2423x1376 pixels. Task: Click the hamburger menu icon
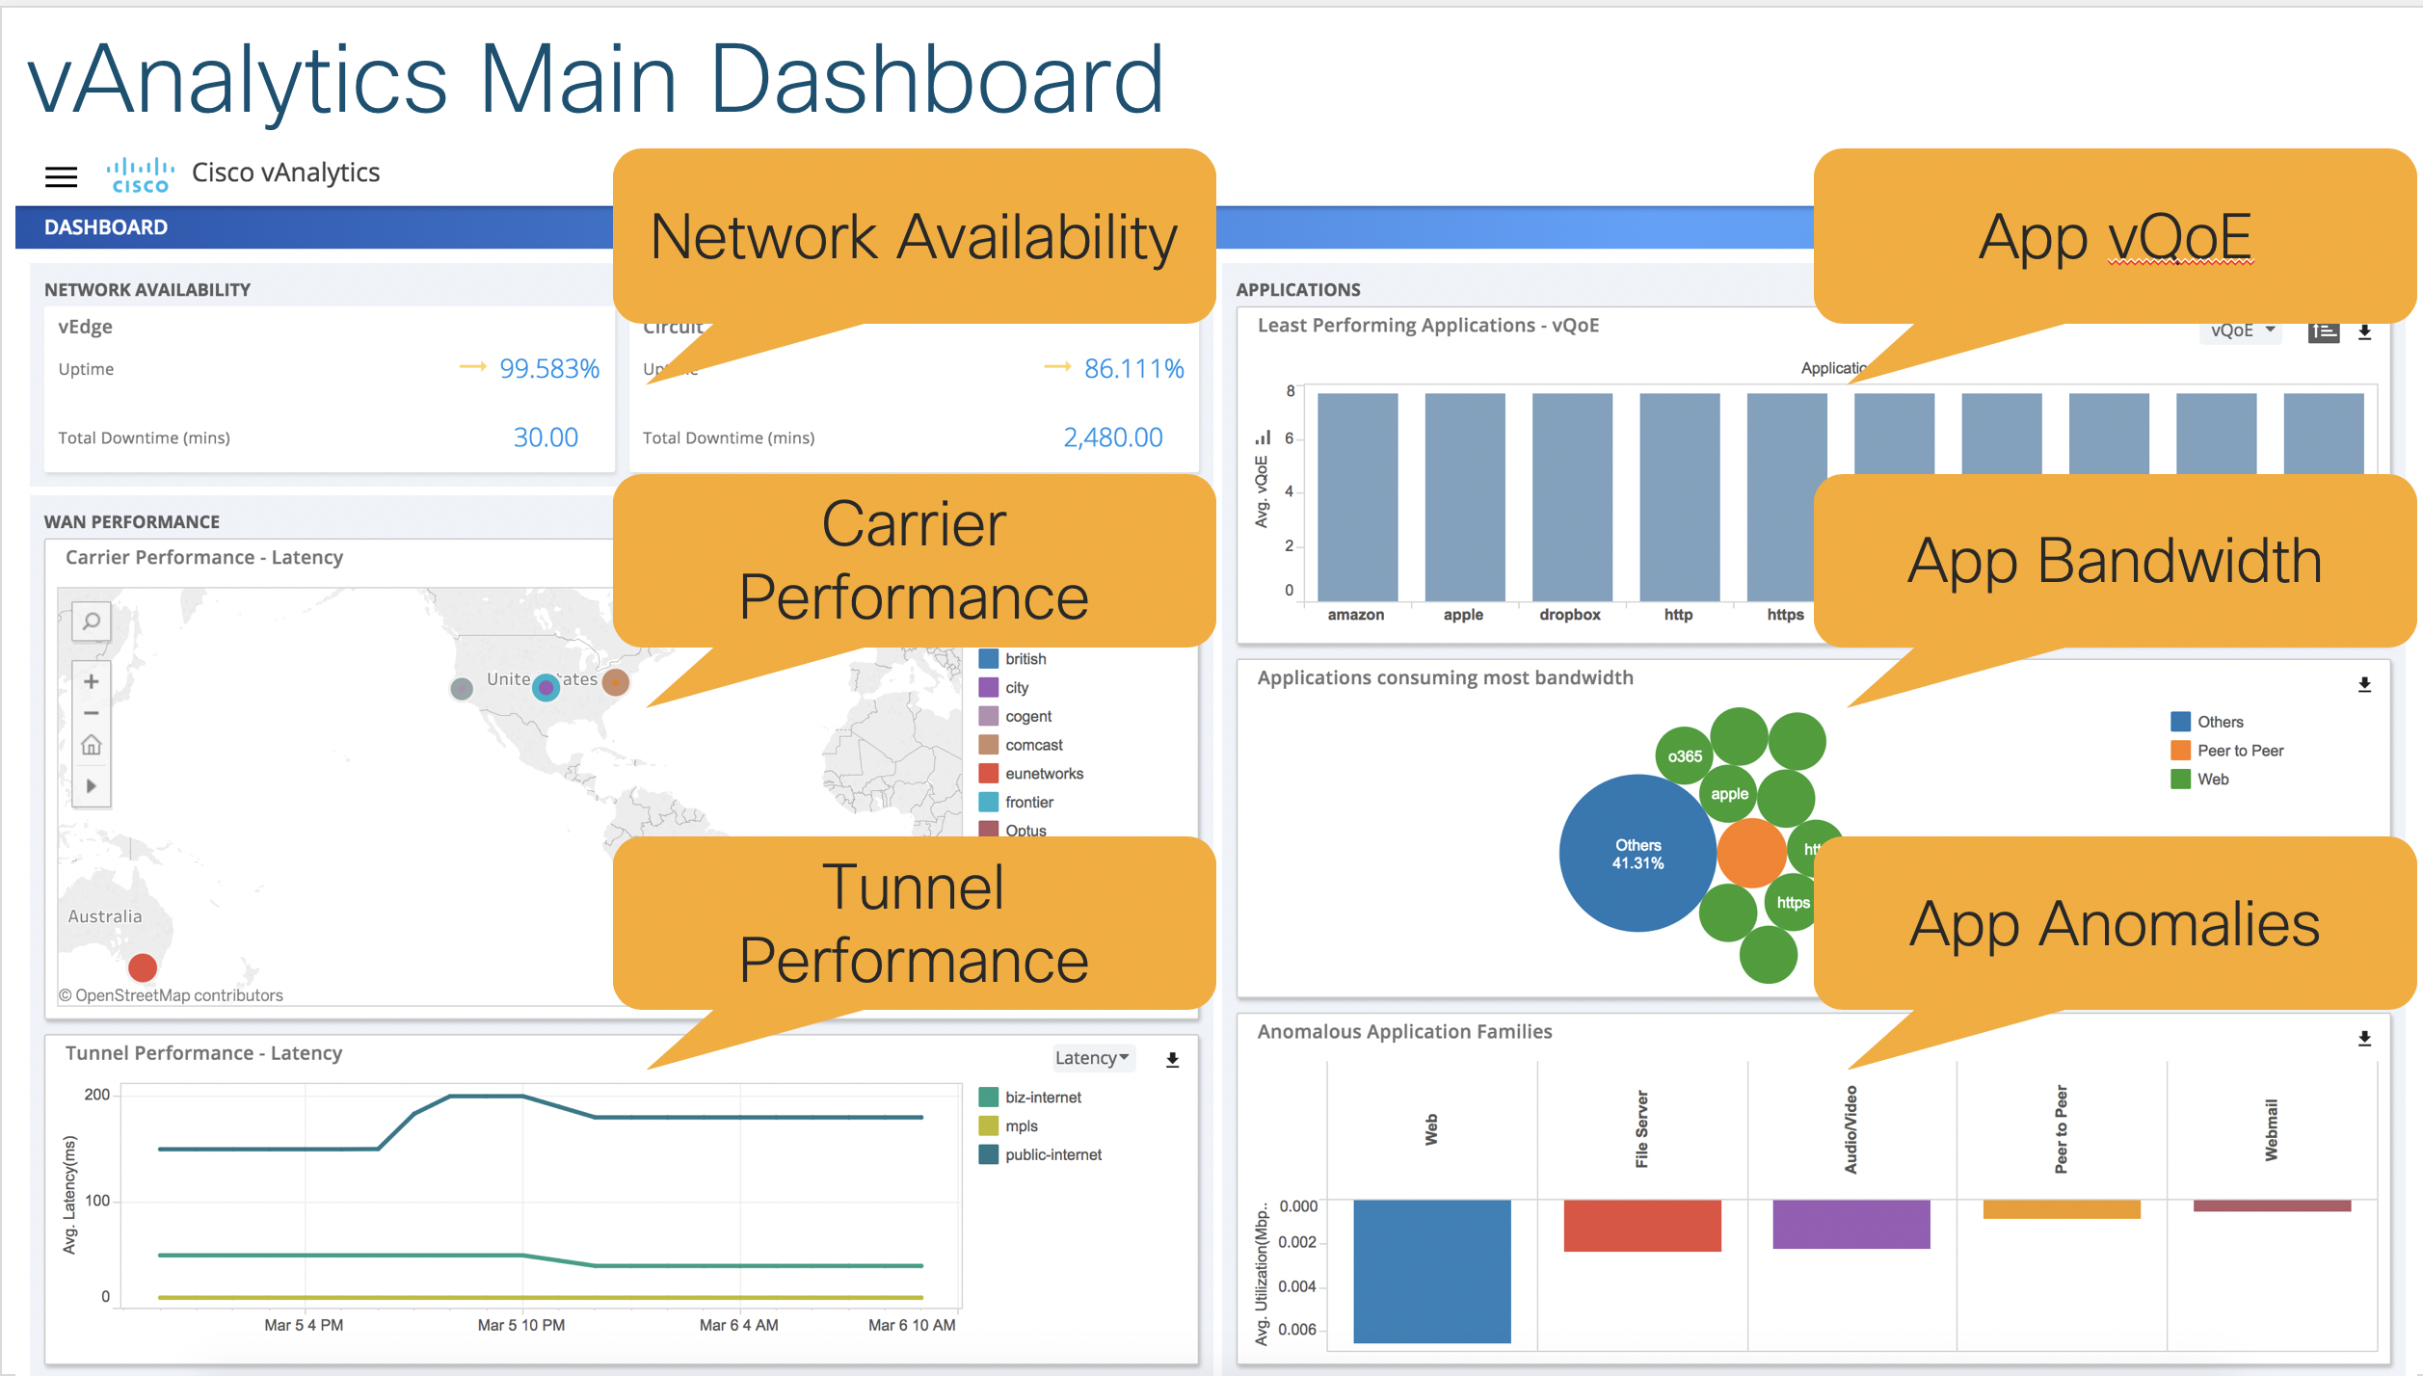point(61,176)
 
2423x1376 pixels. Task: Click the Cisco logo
point(140,174)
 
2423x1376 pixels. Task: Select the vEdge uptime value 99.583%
point(548,368)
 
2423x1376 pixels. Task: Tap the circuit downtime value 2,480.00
point(1112,437)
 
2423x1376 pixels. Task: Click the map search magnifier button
point(92,622)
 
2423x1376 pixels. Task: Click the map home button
point(92,745)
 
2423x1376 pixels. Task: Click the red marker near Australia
point(143,966)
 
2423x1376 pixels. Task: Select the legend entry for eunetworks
point(1043,774)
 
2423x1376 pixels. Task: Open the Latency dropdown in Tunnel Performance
point(1092,1058)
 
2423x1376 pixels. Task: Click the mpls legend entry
point(1021,1126)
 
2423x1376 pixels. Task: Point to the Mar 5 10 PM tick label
point(521,1325)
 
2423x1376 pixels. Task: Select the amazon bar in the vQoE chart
point(1357,496)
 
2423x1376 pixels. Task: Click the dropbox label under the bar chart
point(1569,615)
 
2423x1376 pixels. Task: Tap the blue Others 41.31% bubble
point(1638,854)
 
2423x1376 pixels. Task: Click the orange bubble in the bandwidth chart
point(1751,853)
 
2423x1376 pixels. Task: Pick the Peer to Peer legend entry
point(2240,751)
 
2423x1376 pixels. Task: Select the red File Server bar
point(1641,1226)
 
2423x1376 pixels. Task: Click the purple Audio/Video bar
point(1851,1224)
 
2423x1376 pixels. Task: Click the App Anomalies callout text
point(2115,924)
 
